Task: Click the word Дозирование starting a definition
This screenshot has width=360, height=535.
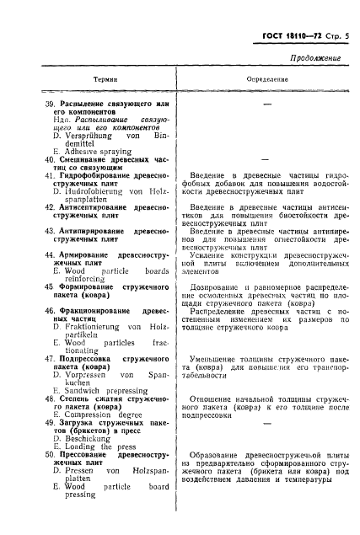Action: (223, 287)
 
